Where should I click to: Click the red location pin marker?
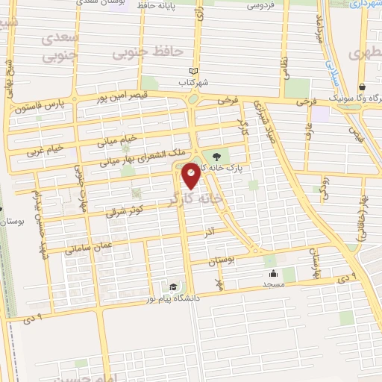click(191, 176)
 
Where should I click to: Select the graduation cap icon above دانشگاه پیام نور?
click(173, 287)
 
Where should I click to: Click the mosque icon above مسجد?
click(274, 273)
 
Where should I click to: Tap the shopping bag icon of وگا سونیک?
click(362, 87)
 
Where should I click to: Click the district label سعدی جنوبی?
click(60, 46)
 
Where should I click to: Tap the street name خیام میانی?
click(119, 140)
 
